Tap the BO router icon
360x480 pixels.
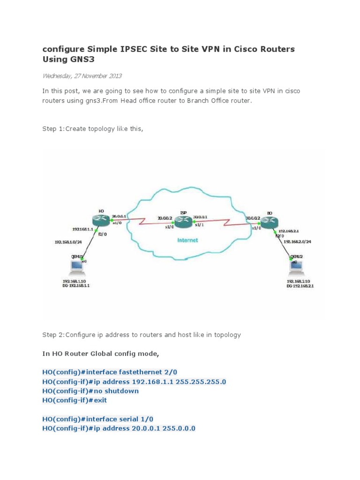tap(269, 223)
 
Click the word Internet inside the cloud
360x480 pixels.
tap(187, 240)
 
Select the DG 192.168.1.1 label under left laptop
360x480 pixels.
tap(76, 285)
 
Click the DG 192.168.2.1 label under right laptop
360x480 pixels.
tap(300, 285)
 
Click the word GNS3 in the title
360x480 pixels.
tap(77, 60)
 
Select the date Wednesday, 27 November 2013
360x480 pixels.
tap(82, 75)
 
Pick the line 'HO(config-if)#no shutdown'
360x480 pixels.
tap(90, 391)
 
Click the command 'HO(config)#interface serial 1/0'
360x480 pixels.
tap(97, 419)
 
